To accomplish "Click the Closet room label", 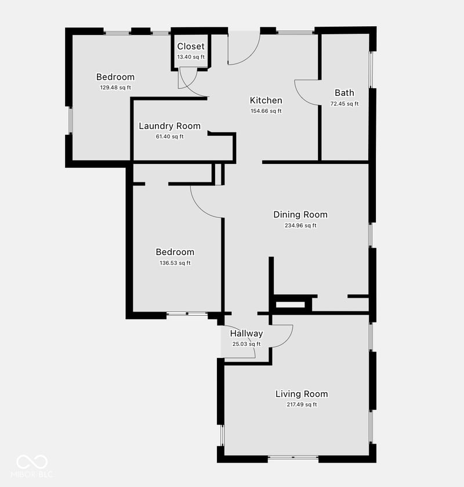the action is tap(191, 46).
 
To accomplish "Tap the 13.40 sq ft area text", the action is tap(191, 57).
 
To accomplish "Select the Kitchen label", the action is tap(266, 101).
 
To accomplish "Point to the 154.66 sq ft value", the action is tap(266, 111).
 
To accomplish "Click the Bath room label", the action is tap(345, 93).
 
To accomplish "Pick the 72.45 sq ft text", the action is tap(345, 104).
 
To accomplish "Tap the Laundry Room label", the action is tap(169, 126).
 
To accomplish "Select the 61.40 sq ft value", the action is tap(169, 137).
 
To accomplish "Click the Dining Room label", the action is tap(300, 214).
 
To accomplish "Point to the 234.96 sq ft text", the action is tap(300, 225).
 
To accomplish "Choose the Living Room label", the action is tap(302, 394).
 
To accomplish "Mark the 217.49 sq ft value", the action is tap(302, 404).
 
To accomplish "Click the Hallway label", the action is tap(246, 334).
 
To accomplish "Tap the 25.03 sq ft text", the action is tap(246, 344).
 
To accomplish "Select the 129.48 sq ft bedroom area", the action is tap(115, 88).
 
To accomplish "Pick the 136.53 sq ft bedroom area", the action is tap(175, 263).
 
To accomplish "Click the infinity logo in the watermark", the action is tap(32, 462).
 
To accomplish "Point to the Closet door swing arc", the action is tap(192, 83).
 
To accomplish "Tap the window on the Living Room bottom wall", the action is tap(293, 457).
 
